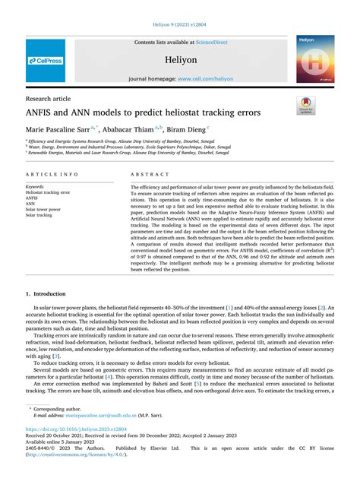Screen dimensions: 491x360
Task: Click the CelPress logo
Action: tap(46, 59)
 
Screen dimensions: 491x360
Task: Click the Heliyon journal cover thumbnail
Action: tap(315, 59)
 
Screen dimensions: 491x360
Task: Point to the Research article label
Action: tap(50, 99)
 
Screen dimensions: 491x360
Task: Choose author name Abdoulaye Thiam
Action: tap(128, 129)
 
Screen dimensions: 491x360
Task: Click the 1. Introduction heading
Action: tap(50, 293)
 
